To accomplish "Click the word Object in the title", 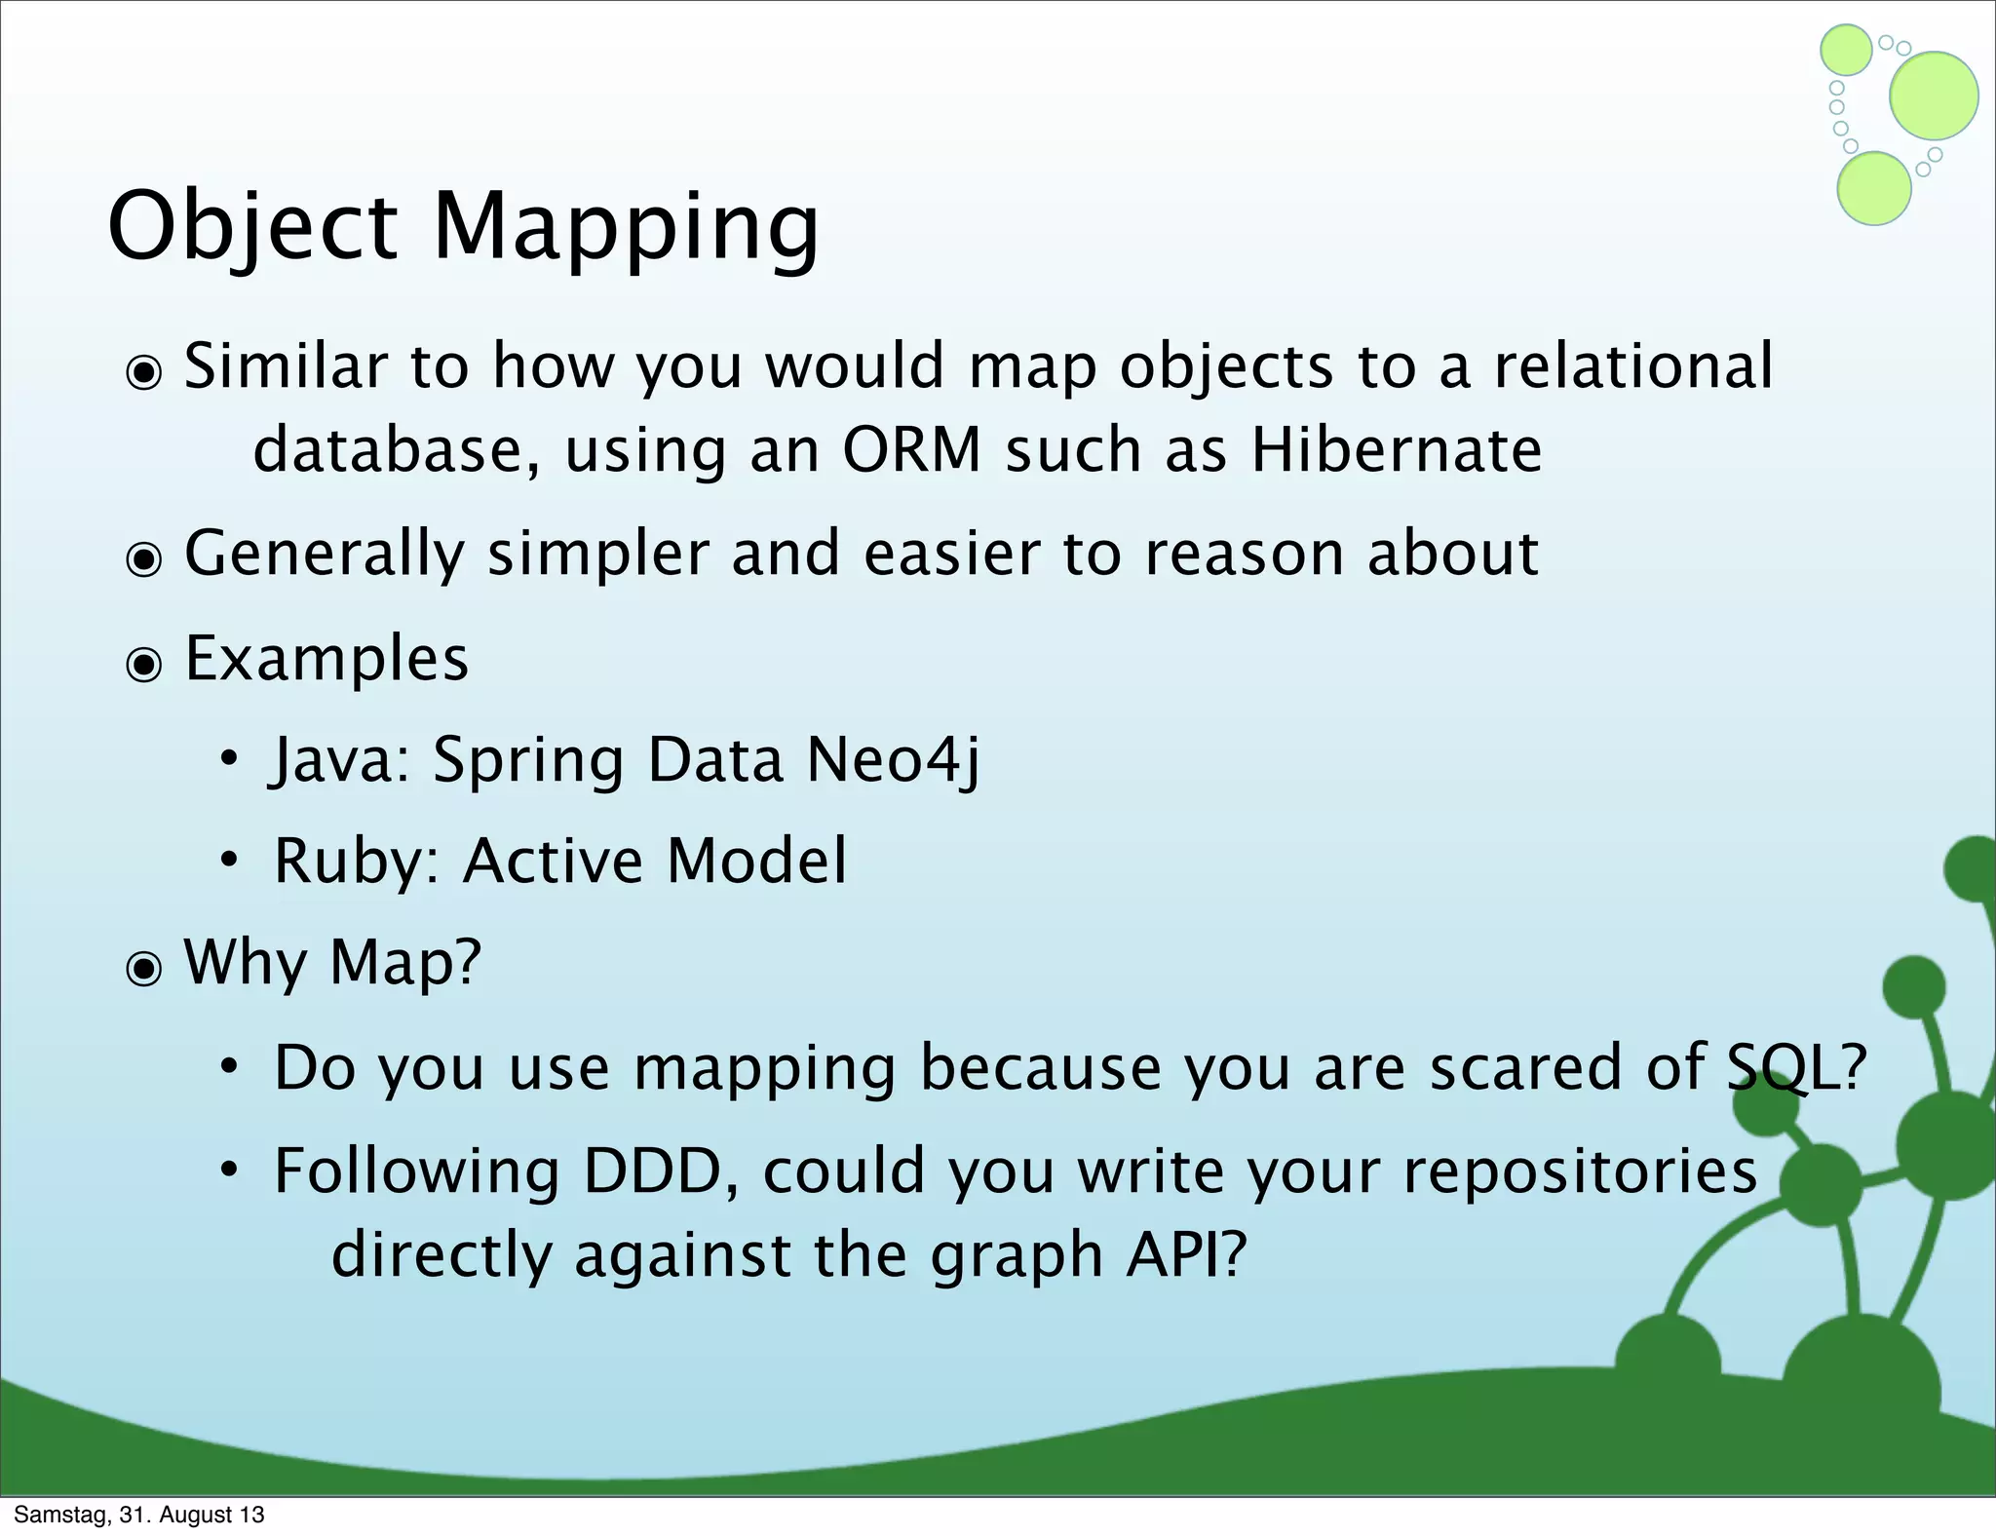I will pos(252,226).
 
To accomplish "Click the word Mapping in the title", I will pos(625,226).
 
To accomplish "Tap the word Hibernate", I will pos(1396,450).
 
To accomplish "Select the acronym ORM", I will pos(911,450).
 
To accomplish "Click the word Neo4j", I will pos(893,760).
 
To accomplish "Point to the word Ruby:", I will pos(357,862).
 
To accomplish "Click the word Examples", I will pos(326,659).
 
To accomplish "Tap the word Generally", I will pos(325,554).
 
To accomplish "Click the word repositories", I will pos(1580,1171).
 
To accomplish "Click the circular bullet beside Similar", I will pos(144,372).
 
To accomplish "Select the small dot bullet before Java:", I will pos(229,759).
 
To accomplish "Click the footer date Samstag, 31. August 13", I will pos(139,1515).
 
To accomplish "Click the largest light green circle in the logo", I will pos(1934,96).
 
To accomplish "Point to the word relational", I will pos(1633,366).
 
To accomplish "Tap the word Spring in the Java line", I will pos(527,760).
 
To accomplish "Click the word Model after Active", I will pos(756,862).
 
